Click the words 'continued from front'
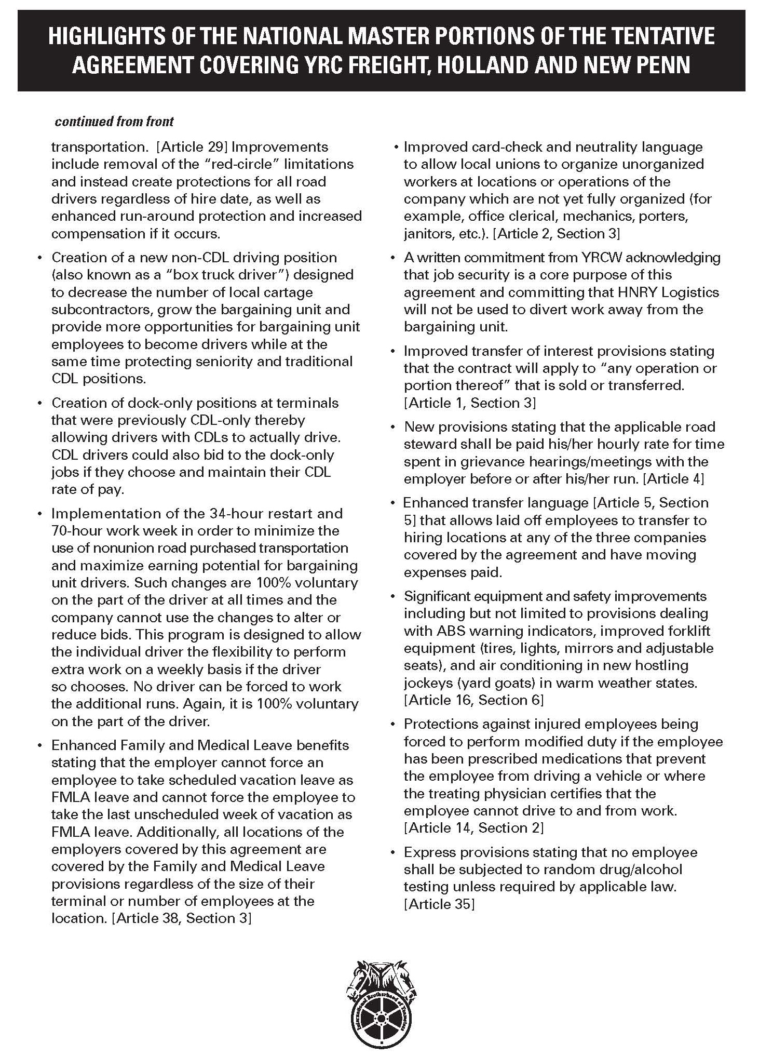point(114,122)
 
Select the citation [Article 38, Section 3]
point(181,919)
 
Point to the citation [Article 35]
point(439,904)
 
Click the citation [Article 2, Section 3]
point(556,234)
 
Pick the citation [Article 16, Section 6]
point(473,700)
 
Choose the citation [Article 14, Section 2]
point(473,828)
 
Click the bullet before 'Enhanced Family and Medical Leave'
point(39,746)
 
